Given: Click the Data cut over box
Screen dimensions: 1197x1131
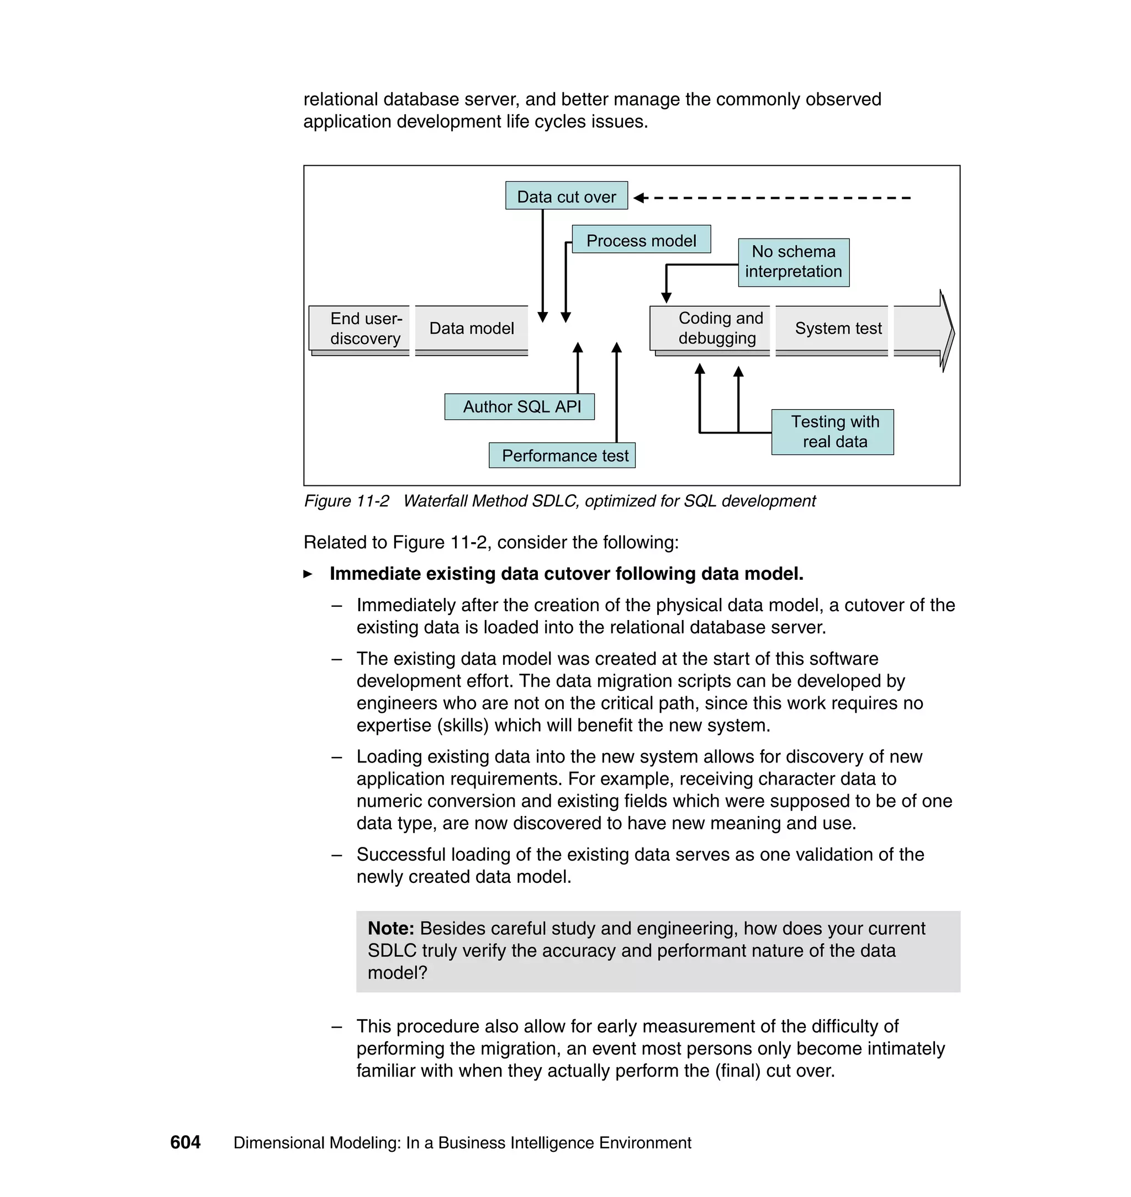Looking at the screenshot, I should (566, 196).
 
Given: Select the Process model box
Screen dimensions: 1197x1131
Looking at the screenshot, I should (641, 240).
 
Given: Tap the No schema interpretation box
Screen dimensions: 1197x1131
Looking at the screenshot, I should (794, 262).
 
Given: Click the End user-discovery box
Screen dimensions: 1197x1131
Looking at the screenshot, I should (364, 329).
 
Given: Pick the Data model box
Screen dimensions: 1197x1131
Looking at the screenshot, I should (472, 329).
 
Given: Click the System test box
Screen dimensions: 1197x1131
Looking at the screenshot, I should (837, 329).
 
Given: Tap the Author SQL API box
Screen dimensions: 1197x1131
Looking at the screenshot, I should (520, 407).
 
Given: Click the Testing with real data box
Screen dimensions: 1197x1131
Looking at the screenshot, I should (834, 432).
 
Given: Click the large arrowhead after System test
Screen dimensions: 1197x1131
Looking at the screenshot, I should (945, 330).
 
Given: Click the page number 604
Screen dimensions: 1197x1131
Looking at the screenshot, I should (185, 1142).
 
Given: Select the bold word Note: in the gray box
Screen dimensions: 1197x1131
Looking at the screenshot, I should (390, 928).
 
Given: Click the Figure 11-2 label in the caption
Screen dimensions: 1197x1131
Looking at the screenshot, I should (346, 501).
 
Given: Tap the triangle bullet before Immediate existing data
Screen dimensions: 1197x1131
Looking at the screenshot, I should (308, 574).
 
